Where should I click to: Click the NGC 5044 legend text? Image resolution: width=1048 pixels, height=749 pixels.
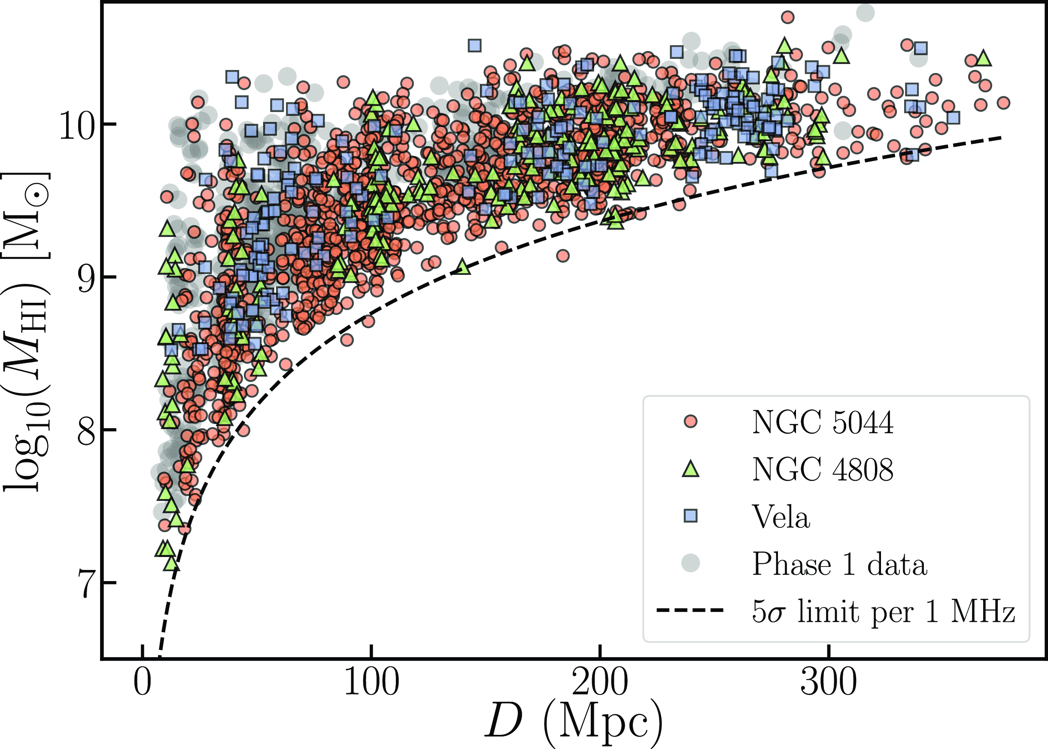[822, 422]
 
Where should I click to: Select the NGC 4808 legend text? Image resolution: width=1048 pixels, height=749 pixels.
[822, 469]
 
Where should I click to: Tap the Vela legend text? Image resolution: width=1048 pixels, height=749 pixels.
[781, 517]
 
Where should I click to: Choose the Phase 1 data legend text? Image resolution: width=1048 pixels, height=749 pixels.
[839, 564]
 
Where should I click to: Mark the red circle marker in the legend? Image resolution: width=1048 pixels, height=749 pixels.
[690, 422]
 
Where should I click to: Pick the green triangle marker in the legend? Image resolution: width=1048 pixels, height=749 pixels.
[690, 469]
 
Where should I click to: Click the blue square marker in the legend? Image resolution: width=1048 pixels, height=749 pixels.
[690, 516]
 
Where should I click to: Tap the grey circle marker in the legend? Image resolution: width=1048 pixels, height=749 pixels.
[690, 563]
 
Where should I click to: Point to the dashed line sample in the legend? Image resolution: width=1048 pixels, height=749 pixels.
[690, 611]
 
